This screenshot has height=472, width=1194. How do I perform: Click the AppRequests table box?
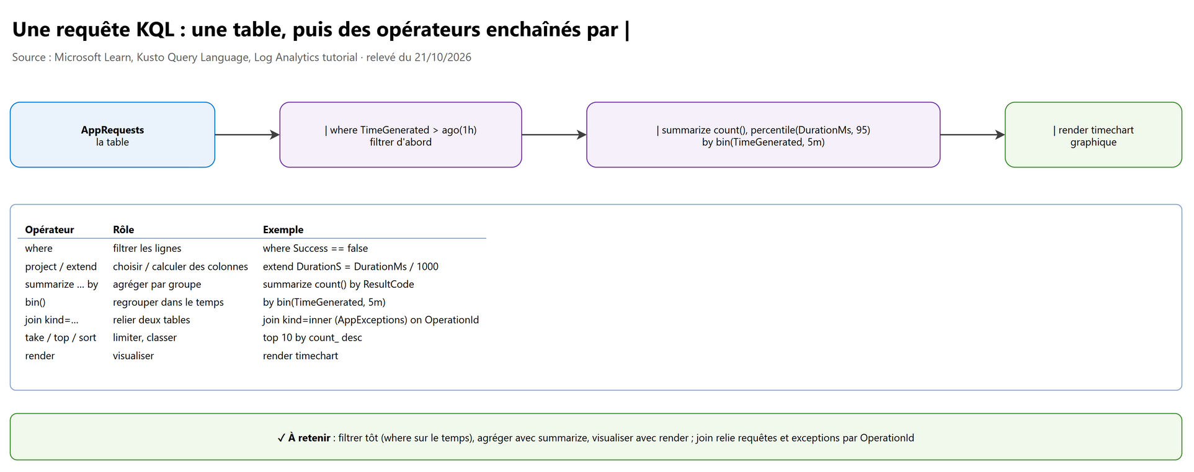[x=112, y=135]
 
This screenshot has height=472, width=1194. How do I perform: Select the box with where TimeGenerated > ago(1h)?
[x=401, y=135]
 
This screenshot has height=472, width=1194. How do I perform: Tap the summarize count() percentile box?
[x=763, y=135]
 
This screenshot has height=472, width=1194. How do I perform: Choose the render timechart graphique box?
[x=1093, y=135]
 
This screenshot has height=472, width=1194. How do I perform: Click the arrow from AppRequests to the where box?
[x=247, y=135]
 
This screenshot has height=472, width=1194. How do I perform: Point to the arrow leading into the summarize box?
[x=554, y=135]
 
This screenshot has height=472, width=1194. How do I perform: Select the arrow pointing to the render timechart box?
[x=973, y=135]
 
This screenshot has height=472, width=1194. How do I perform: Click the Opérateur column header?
[x=50, y=229]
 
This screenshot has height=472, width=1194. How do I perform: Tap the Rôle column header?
[x=123, y=229]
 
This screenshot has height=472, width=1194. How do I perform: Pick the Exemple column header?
[x=283, y=229]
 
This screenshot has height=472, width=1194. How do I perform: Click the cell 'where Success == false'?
[x=315, y=248]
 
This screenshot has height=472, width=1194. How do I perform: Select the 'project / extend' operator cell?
[x=61, y=266]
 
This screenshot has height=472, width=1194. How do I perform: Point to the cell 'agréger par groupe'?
[x=157, y=284]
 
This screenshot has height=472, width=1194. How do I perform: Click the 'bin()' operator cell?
[x=35, y=302]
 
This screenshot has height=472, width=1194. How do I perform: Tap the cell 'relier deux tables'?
[x=151, y=320]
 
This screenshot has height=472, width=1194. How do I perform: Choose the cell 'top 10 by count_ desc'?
[x=313, y=337]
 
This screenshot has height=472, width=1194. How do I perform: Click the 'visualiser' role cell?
[x=133, y=355]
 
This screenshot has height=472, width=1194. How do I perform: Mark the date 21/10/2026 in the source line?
[x=443, y=57]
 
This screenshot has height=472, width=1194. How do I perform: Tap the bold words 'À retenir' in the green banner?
[x=309, y=438]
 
